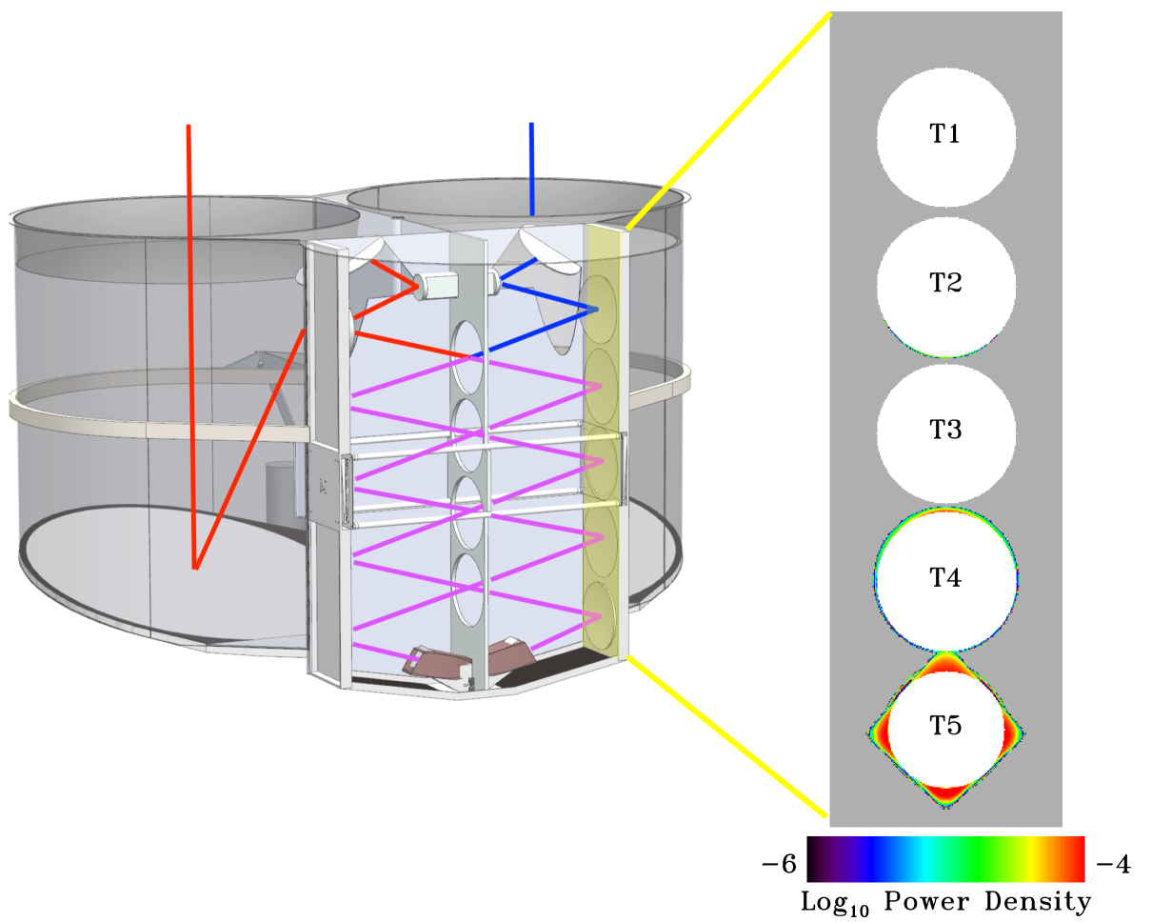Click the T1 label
tap(944, 133)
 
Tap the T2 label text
tap(944, 282)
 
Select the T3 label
tap(944, 430)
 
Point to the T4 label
tap(944, 577)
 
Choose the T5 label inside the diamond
tap(944, 725)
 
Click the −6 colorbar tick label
tap(780, 864)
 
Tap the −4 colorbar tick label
tap(1113, 864)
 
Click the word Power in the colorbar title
tap(926, 901)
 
